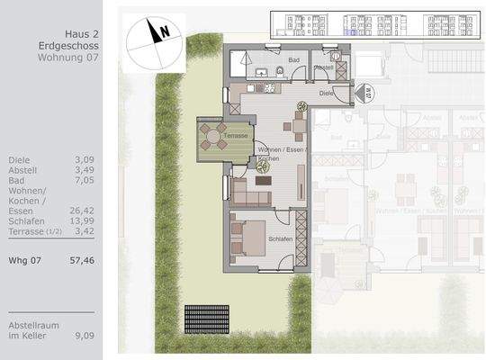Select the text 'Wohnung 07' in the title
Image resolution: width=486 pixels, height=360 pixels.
click(x=68, y=57)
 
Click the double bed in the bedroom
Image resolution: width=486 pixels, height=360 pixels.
click(x=250, y=238)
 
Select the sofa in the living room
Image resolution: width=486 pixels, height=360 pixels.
click(x=249, y=192)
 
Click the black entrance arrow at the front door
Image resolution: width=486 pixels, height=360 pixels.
click(x=363, y=93)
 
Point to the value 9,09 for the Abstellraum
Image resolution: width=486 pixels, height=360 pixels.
click(x=85, y=337)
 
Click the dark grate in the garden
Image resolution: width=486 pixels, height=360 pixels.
click(x=206, y=318)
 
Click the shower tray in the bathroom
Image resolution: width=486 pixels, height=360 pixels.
click(x=240, y=65)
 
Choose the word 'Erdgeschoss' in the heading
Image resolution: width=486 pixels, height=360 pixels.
click(x=68, y=42)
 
